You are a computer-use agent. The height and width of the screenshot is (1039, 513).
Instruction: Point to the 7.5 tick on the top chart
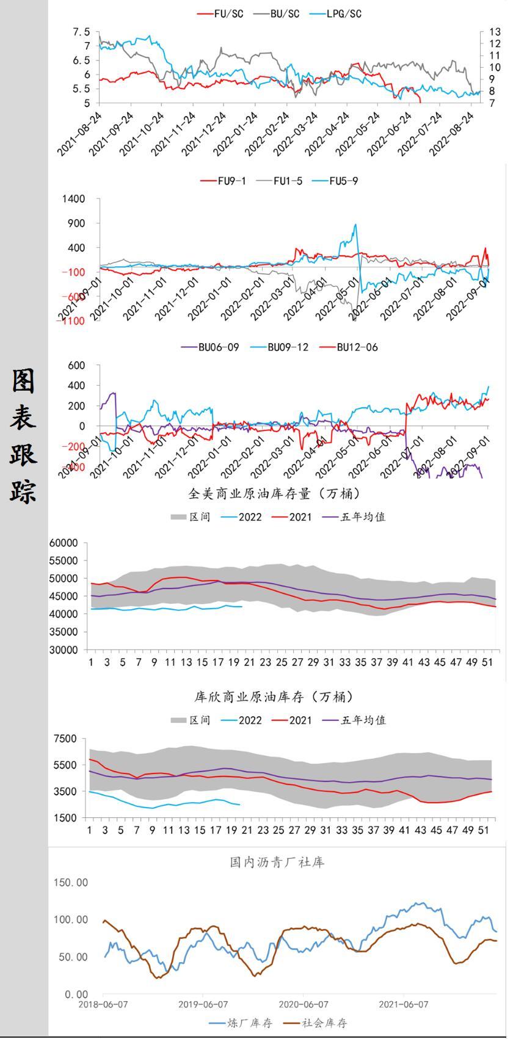point(81,32)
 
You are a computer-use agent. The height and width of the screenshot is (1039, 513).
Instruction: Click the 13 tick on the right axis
point(495,32)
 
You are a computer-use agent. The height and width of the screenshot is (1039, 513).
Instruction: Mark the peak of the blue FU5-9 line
point(355,225)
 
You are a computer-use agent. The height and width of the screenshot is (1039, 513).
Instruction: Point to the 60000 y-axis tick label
point(64,543)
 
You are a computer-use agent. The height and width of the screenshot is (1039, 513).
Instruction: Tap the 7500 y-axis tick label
point(65,739)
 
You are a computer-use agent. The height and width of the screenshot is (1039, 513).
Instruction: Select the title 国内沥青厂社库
point(277,861)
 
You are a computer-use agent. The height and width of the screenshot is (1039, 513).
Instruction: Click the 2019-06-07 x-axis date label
point(203,1004)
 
